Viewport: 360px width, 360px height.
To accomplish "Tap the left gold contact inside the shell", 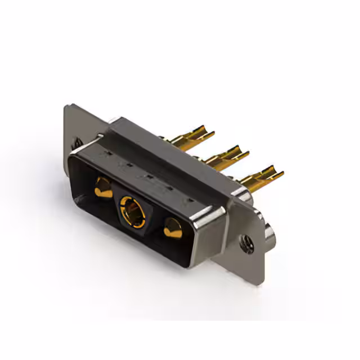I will pos(103,188).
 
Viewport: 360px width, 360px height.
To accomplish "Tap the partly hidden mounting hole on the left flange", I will pos(77,144).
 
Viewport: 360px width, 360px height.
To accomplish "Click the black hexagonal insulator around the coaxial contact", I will pos(133,209).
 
